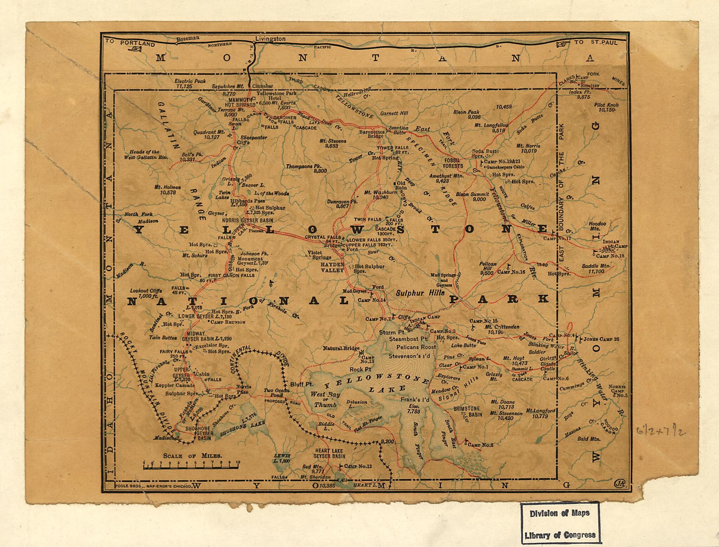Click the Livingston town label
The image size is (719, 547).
[x=270, y=39]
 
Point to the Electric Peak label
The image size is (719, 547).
[x=190, y=81]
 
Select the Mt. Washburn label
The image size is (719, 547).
[x=380, y=193]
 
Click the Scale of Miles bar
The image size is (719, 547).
[x=191, y=467]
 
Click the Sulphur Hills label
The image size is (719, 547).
[x=420, y=293]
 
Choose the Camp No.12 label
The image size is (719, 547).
[x=358, y=466]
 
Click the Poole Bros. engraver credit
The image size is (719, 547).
[x=153, y=486]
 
